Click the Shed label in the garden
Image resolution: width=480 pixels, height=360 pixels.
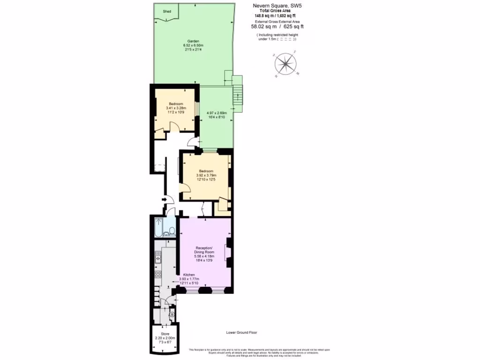coord(166,11)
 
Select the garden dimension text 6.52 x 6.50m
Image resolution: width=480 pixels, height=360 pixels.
coord(193,45)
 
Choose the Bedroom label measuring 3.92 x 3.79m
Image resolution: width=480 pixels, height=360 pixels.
coord(205,171)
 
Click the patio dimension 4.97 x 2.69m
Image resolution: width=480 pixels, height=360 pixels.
coord(217,113)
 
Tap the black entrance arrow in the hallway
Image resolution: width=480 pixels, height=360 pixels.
coord(164,200)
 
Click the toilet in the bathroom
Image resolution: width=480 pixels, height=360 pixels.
coord(172,230)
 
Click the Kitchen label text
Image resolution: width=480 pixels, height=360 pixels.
coord(189,275)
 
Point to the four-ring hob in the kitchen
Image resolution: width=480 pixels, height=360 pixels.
coord(158,274)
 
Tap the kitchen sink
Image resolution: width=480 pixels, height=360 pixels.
coord(158,256)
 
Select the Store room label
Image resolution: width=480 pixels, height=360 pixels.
coord(165,333)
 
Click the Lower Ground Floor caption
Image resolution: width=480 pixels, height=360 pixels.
coord(241,332)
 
